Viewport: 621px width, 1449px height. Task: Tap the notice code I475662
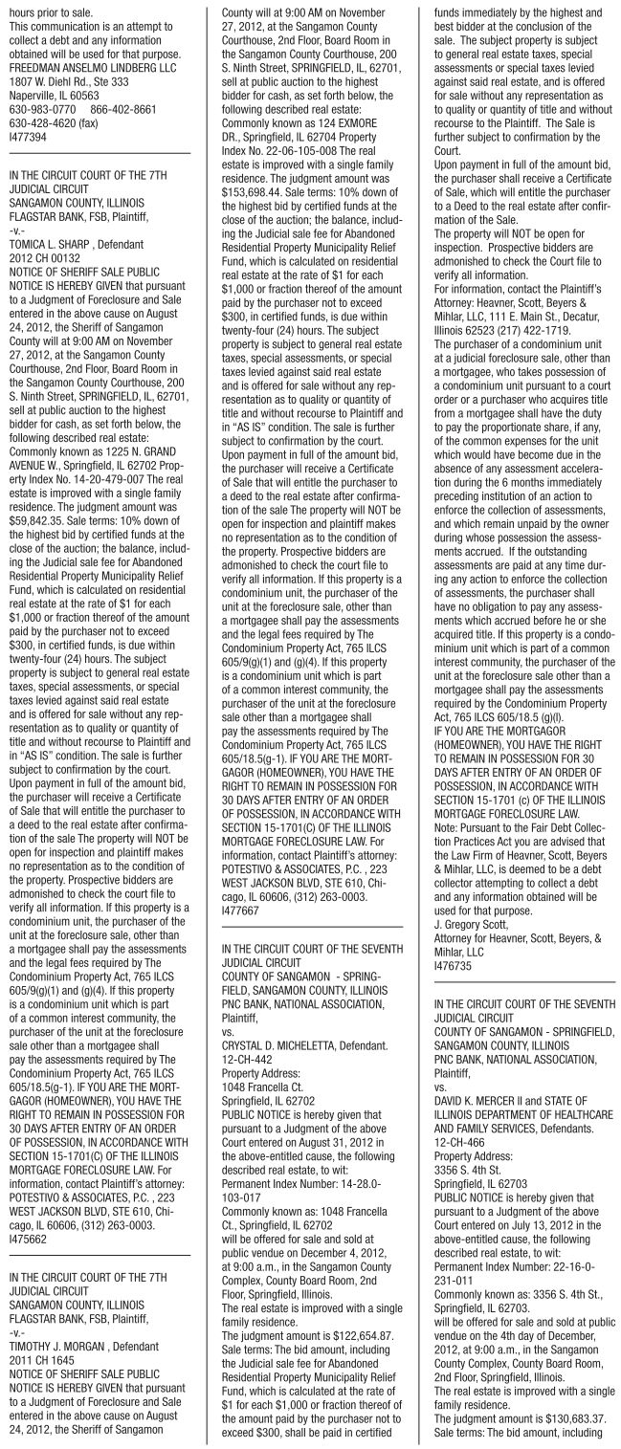tap(27, 1229)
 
